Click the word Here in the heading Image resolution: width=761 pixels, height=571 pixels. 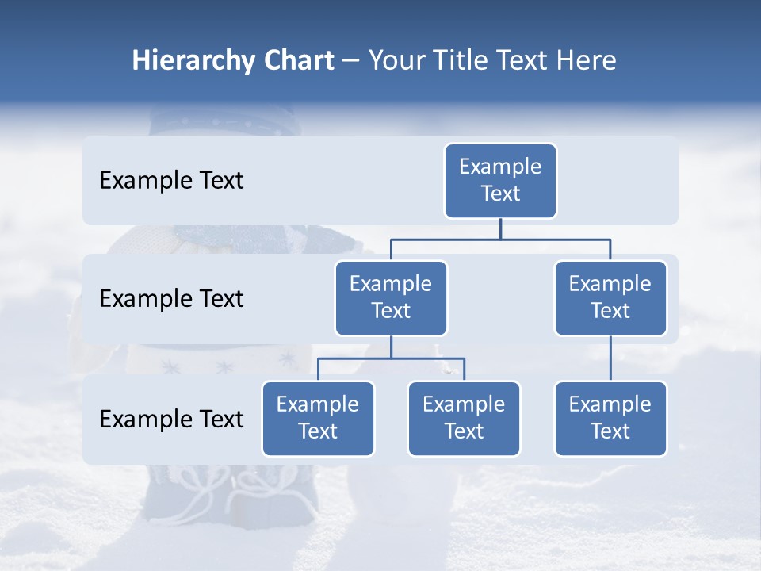click(587, 61)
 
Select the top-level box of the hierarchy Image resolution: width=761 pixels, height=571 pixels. click(500, 181)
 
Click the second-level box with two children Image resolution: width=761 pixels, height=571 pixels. click(391, 298)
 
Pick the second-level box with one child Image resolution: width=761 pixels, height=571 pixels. click(610, 298)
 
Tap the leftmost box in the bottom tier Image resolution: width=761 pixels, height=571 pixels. click(318, 419)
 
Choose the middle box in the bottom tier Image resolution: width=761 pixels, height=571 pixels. click(464, 419)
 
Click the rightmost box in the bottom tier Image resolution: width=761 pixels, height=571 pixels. click(610, 419)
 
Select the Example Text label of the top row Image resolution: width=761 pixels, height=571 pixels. click(171, 181)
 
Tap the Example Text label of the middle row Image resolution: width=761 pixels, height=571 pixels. click(171, 299)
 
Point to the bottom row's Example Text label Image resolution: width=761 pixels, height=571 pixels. click(171, 419)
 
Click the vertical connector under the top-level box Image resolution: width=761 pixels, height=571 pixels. click(500, 228)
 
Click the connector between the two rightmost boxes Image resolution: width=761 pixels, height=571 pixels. click(610, 358)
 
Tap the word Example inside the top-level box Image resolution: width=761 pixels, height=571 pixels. click(500, 167)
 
